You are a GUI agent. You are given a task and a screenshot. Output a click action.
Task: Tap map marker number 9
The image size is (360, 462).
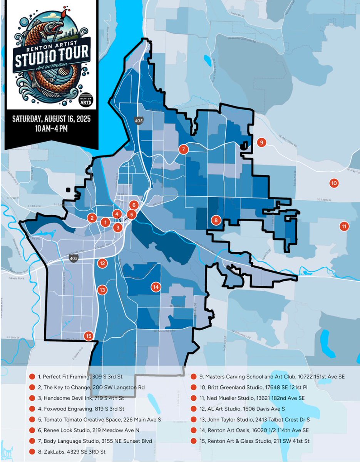click(261, 142)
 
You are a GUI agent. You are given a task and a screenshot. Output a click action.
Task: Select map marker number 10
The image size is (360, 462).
click(334, 183)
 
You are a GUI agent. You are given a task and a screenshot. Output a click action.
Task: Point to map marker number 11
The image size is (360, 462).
click(343, 226)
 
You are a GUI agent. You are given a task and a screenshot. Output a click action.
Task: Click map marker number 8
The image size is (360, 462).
click(216, 221)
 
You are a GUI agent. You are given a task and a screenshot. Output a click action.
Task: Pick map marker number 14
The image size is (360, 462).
click(156, 287)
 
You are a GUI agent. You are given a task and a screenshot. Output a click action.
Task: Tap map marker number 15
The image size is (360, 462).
click(89, 336)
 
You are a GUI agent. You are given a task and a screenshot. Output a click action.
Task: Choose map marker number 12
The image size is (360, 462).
click(102, 263)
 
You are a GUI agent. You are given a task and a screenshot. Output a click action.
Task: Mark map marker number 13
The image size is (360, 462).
click(102, 290)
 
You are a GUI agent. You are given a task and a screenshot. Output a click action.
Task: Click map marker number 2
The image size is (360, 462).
click(92, 218)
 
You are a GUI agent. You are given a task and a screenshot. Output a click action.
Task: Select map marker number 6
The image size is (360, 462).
click(134, 205)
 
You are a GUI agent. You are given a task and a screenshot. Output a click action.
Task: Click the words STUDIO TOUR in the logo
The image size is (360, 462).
click(52, 53)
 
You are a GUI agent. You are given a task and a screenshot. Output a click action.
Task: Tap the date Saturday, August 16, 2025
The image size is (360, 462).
click(51, 119)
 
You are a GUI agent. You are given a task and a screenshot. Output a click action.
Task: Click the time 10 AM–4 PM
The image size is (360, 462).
click(51, 129)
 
